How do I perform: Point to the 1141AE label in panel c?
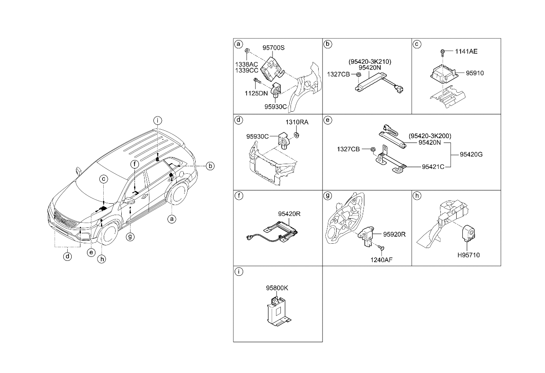(466, 51)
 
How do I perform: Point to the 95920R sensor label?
(394, 234)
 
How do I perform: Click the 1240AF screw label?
(381, 260)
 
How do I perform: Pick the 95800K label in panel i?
(277, 288)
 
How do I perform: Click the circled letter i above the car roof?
(157, 121)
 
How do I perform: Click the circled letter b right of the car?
(210, 166)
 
